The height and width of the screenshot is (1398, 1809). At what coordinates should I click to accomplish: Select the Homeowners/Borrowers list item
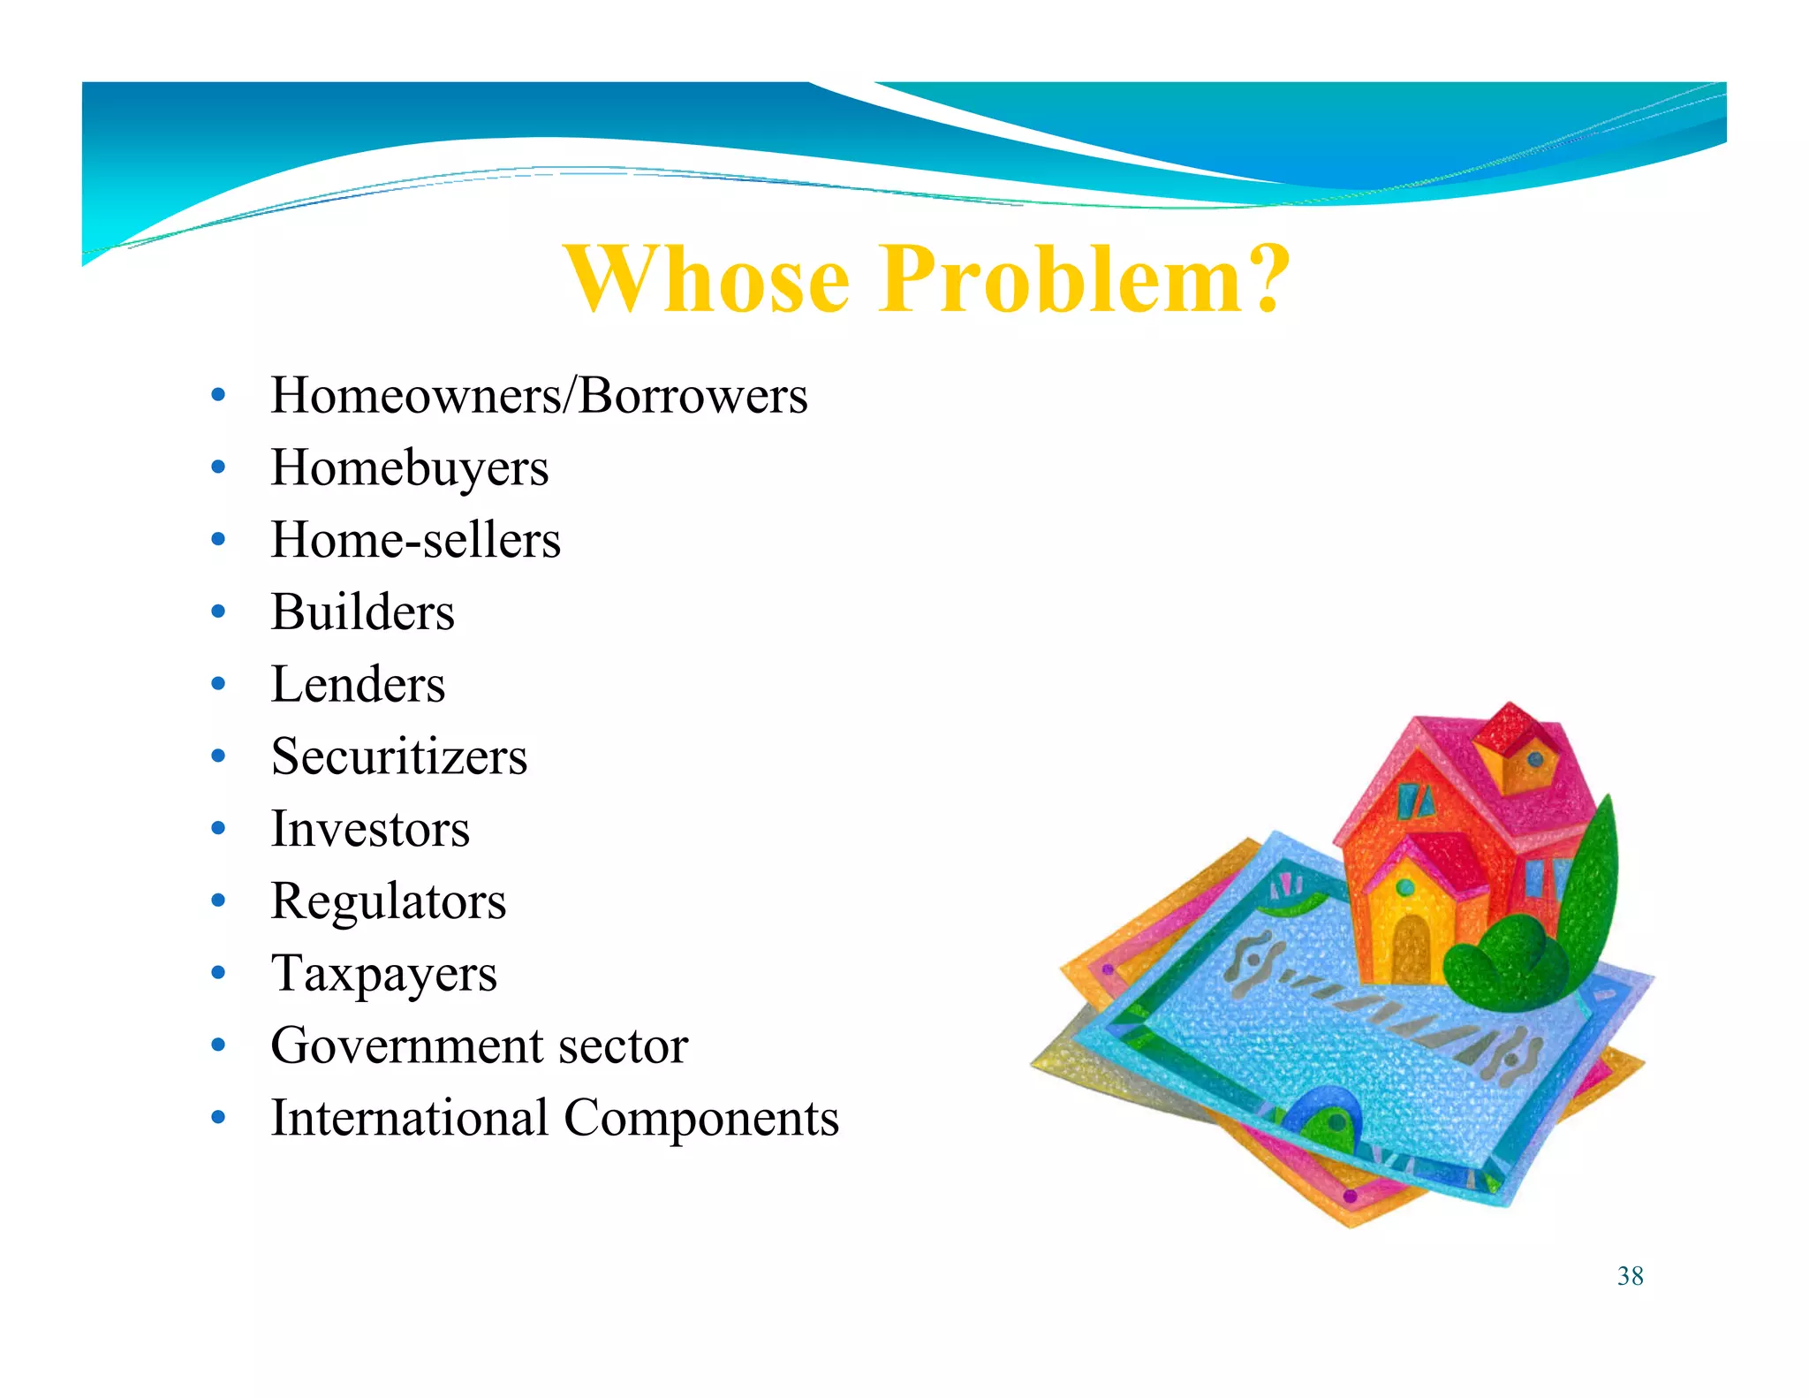click(538, 395)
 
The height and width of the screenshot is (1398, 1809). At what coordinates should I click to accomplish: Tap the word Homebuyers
click(409, 467)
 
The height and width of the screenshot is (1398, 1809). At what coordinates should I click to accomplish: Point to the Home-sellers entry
click(415, 540)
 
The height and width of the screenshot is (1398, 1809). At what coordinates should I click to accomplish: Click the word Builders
click(362, 612)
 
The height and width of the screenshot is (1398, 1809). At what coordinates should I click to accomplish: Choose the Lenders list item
click(358, 685)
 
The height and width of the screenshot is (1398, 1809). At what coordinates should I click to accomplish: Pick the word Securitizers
click(398, 757)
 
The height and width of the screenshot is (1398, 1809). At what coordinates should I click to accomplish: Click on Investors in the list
click(370, 830)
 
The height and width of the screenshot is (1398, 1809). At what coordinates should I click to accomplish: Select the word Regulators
click(388, 902)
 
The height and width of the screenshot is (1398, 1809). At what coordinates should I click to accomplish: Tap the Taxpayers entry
click(383, 975)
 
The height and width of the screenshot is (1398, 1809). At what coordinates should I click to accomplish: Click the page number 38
click(1630, 1276)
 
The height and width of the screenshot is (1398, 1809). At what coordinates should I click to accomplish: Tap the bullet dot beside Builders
click(218, 612)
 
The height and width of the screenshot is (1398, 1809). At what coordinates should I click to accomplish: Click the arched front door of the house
click(1410, 946)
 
